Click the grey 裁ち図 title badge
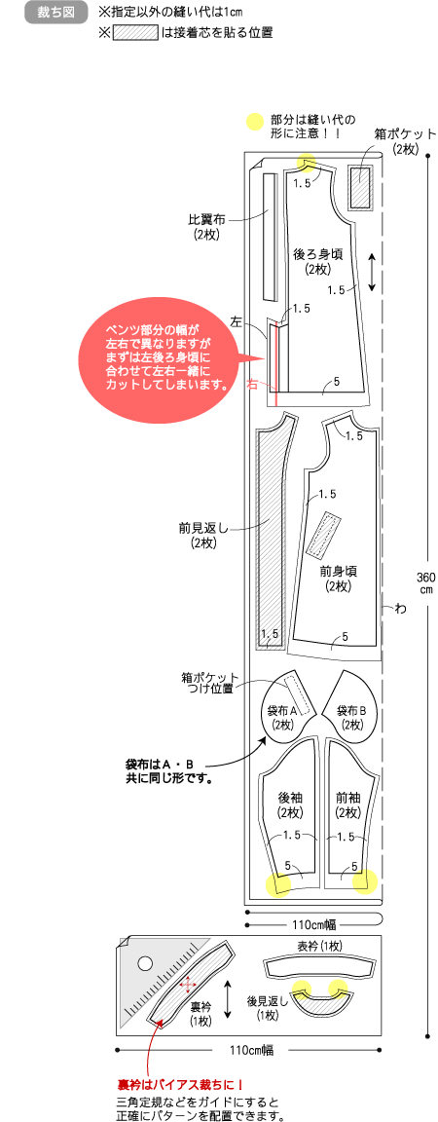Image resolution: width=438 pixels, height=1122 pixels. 55,13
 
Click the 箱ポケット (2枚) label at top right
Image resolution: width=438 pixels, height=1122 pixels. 405,141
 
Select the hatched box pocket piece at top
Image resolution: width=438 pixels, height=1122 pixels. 360,187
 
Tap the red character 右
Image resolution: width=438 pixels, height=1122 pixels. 253,384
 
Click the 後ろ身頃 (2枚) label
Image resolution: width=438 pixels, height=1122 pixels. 316,261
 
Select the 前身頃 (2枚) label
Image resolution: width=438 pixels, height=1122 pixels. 337,579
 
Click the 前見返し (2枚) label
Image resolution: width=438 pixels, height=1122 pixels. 202,536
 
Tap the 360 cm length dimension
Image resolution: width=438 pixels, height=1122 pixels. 425,582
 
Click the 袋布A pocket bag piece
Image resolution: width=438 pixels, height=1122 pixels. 289,707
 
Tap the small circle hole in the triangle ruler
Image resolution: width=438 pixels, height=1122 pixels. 146,962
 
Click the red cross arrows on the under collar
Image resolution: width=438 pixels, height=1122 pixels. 189,985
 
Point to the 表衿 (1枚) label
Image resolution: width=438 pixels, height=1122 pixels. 319,946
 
